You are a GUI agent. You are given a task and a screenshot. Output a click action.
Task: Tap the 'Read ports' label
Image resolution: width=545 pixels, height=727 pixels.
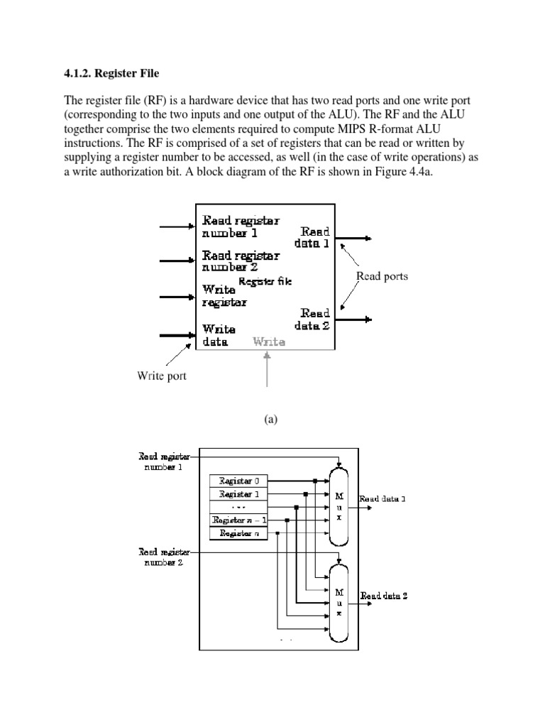[x=382, y=276]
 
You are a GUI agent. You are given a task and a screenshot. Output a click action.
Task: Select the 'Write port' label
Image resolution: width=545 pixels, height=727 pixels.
[x=162, y=376]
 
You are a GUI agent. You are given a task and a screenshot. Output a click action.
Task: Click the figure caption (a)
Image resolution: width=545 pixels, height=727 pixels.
[x=270, y=420]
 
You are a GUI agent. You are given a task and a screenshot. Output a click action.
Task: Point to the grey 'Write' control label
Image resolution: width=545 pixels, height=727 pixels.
[x=269, y=341]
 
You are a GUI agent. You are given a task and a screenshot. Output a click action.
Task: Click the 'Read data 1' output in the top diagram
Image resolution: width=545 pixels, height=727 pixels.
[x=314, y=237]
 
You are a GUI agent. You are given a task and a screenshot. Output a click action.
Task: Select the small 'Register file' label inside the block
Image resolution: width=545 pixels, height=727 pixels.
[x=265, y=282]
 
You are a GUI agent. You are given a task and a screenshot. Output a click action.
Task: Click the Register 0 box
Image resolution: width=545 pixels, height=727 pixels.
[x=239, y=481]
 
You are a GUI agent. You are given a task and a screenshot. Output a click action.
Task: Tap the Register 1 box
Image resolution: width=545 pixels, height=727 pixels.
[x=239, y=493]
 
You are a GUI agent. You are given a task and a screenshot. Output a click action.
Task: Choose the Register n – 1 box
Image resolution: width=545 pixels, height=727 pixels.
[x=239, y=520]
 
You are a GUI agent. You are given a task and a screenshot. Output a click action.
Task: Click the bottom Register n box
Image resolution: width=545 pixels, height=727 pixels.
[x=239, y=532]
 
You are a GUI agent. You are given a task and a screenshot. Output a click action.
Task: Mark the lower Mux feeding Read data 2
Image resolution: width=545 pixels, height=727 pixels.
[x=339, y=596]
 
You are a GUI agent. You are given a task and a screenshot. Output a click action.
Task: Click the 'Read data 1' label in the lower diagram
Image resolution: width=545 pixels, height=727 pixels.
[x=382, y=499]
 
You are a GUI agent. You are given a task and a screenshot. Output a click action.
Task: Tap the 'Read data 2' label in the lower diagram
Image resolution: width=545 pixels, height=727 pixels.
[x=383, y=596]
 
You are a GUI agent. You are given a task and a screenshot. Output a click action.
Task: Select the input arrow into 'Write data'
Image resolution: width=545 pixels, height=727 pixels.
[x=177, y=334]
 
